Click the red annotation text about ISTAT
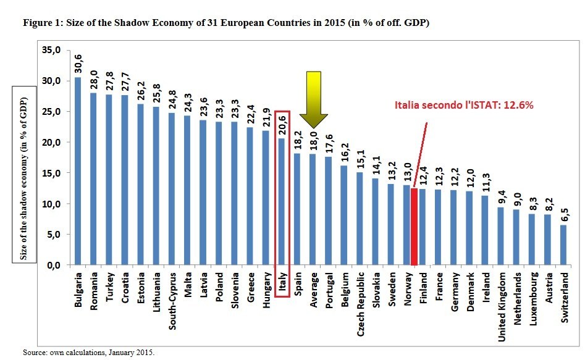coord(463,106)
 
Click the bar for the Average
coord(314,209)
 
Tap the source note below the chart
coord(88,353)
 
